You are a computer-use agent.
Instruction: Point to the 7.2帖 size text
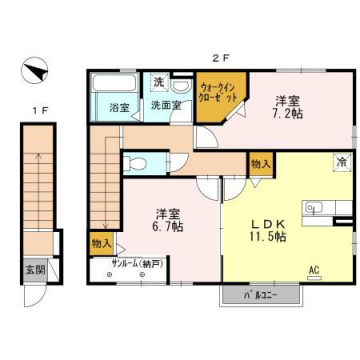tap(288, 116)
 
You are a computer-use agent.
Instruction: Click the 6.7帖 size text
tap(168, 227)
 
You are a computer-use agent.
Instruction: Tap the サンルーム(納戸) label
tap(135, 266)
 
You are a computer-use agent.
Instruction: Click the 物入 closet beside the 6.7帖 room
tap(102, 241)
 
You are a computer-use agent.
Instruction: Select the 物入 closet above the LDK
tap(260, 162)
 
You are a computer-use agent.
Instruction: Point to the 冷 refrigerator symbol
tap(342, 160)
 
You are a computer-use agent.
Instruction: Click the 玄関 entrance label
tap(34, 269)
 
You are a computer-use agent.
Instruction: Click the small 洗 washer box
tap(159, 82)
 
